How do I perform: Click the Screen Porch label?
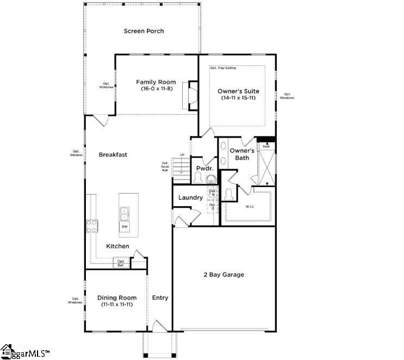pos(144,31)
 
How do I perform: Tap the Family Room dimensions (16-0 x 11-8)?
pos(156,89)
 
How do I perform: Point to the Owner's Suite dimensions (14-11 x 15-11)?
pos(238,98)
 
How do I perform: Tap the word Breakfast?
pos(113,154)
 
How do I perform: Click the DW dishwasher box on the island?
pos(125,226)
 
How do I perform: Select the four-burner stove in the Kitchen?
pos(92,226)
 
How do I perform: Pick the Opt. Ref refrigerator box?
pos(121,263)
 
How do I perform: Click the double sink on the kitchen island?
pos(125,213)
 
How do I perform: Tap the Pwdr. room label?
pos(204,169)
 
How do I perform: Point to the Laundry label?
pos(190,197)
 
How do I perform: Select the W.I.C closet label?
pos(249,206)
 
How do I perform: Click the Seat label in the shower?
pos(266,146)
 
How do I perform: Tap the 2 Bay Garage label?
pos(224,275)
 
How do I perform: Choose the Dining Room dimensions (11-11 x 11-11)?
pos(117,305)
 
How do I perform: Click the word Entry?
pos(160,297)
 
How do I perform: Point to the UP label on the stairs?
pos(182,155)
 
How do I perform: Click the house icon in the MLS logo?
pos(7,351)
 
